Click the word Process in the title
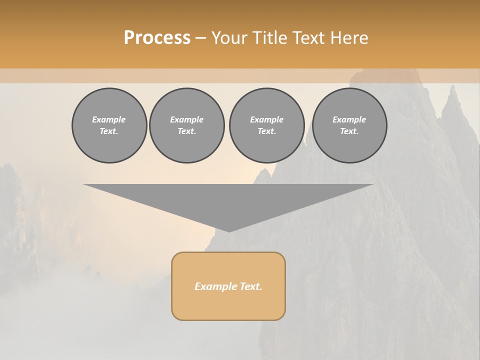coord(157,38)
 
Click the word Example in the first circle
coord(109,119)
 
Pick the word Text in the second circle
coord(186,131)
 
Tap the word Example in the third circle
coord(266,119)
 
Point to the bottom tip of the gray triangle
coord(229,230)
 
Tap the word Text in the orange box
coord(251,286)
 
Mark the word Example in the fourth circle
coord(349,119)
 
